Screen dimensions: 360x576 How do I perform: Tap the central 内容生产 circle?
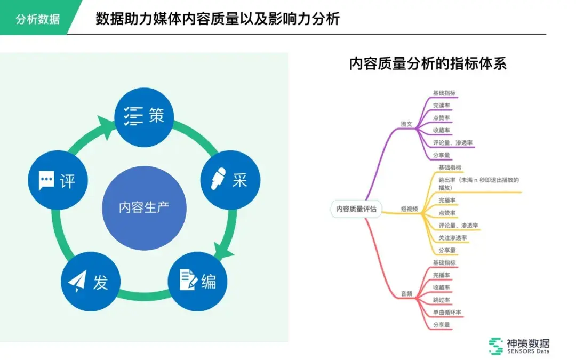tap(144, 207)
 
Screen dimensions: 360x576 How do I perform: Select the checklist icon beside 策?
tap(133, 116)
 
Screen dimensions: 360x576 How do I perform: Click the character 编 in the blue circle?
tap(209, 281)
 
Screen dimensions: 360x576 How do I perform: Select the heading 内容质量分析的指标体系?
tap(427, 64)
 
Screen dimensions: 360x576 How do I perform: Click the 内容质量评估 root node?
tap(353, 209)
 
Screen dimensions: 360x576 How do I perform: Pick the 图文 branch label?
tap(406, 124)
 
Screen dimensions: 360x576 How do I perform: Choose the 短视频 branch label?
tap(409, 209)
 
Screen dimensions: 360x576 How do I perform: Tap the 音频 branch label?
tap(406, 293)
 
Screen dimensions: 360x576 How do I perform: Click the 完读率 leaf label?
tap(441, 105)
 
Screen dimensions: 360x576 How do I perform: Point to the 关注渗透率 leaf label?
tap(452, 237)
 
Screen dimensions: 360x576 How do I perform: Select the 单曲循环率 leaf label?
tap(447, 312)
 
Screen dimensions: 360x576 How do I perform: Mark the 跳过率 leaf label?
tap(441, 300)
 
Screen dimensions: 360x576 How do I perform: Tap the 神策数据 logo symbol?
tap(496, 346)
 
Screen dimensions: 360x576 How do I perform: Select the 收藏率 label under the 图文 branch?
tap(441, 130)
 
